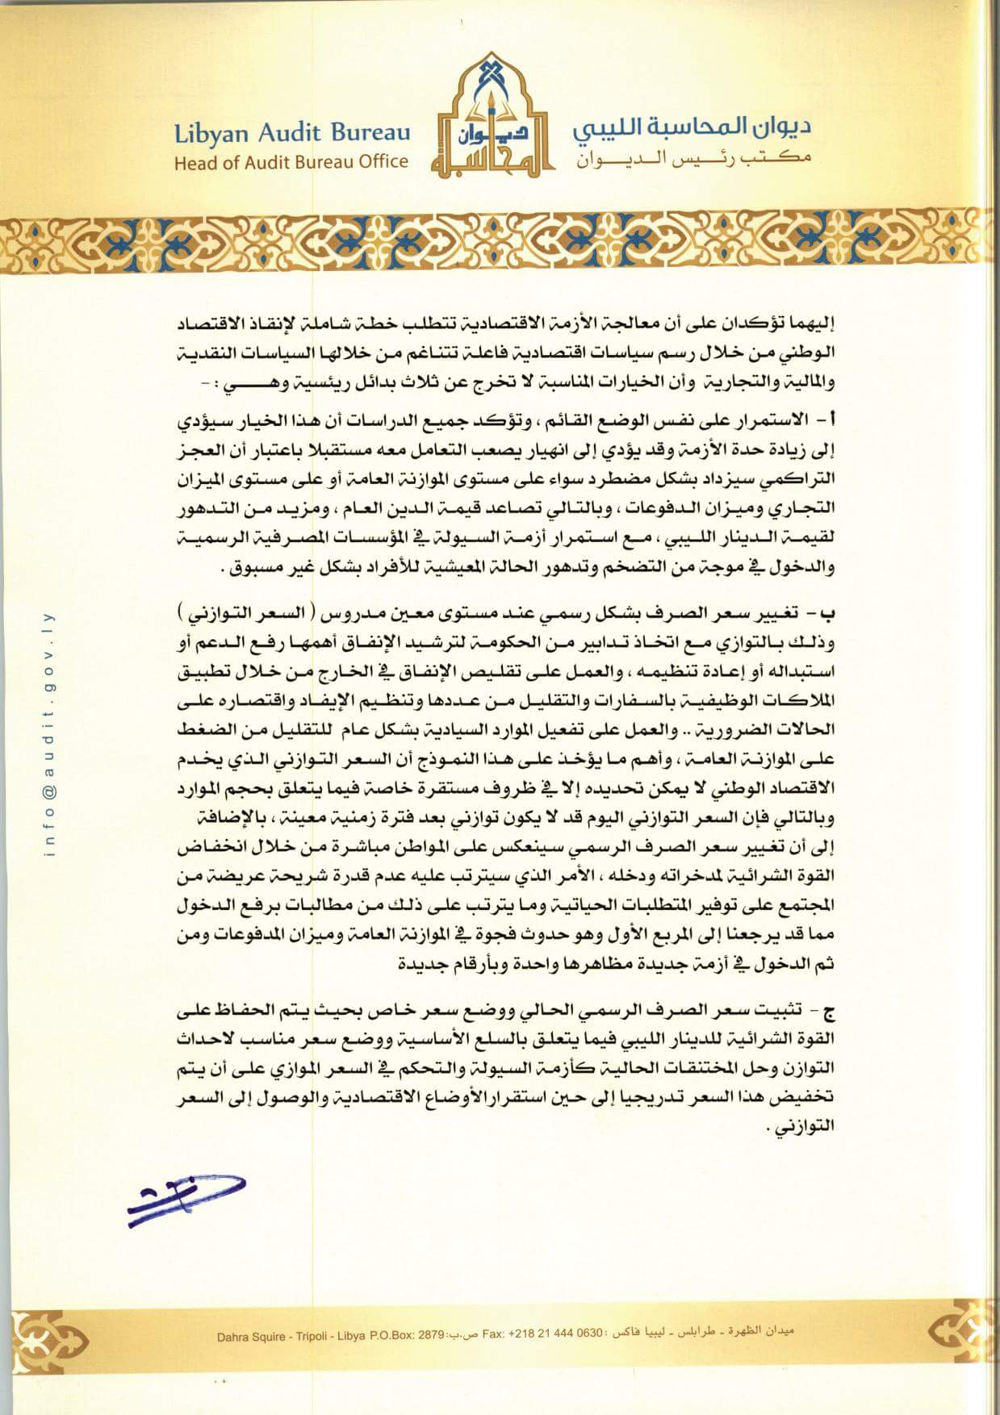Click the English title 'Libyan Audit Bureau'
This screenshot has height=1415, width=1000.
click(291, 133)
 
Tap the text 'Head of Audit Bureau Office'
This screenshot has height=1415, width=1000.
click(291, 161)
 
